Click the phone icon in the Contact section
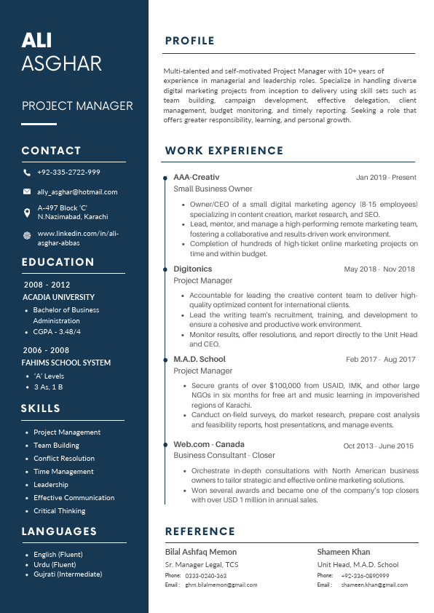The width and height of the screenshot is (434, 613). coord(27,173)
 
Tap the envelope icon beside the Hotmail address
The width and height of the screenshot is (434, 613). coord(27,192)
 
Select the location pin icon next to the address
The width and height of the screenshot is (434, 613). coord(27,212)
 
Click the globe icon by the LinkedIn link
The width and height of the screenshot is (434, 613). coord(27,234)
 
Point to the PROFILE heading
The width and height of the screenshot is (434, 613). coord(189,41)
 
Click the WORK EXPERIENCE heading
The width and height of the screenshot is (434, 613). coord(224,151)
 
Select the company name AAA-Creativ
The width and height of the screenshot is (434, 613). coord(196,177)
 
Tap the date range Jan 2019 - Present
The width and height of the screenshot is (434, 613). coord(386,178)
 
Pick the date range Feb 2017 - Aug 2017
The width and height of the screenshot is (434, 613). coord(380,360)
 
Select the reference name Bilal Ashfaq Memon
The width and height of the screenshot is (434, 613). coord(201,552)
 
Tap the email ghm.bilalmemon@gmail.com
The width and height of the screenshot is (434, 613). coord(221,585)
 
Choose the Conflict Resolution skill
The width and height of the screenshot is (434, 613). coord(64,459)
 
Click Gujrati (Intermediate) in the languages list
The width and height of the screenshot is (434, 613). coord(68,574)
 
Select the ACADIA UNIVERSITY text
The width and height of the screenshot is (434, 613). coord(58,297)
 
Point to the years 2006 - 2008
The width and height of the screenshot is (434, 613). coord(47,350)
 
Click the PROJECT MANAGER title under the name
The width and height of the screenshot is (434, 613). coord(77,106)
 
